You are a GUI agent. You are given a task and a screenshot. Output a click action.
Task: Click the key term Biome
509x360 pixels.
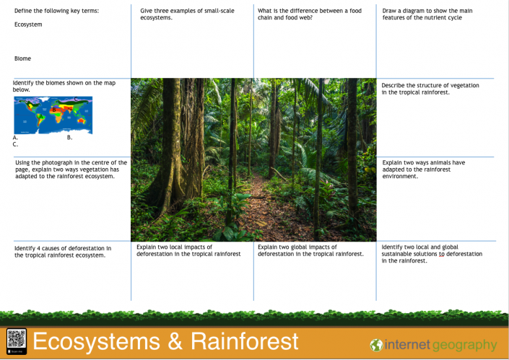coord(22,58)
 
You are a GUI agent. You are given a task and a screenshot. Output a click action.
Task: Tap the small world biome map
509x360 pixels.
coord(53,115)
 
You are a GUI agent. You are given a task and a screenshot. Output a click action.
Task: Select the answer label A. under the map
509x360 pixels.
coord(16,137)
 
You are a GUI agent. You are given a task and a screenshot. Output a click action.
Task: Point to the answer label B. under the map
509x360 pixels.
coord(69,137)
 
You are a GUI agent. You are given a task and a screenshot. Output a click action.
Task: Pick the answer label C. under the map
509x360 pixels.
coord(16,144)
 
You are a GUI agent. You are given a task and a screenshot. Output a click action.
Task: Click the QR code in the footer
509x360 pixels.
coord(16,339)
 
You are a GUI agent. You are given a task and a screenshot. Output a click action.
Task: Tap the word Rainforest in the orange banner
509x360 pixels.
coord(242,341)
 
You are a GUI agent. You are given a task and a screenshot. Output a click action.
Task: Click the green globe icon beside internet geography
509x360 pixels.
coord(376,345)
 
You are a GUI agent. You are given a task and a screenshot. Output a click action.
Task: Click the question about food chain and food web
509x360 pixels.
coord(310,14)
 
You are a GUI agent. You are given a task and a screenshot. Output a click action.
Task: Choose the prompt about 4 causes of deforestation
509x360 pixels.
coord(63,251)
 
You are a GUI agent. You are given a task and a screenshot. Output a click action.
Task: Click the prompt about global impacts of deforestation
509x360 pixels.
coord(310,250)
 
